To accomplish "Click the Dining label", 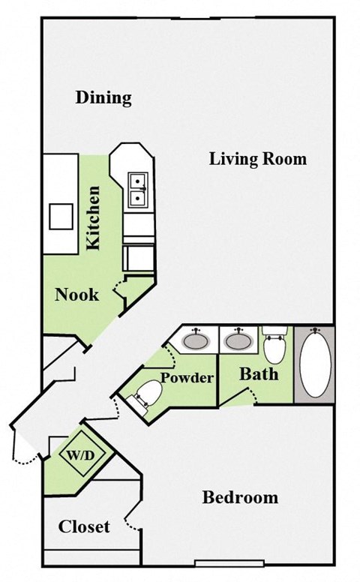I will tap(103, 97).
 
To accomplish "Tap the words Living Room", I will tap(257, 159).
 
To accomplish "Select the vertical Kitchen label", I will tap(93, 217).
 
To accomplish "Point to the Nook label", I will tap(76, 295).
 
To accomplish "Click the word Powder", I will tap(187, 377).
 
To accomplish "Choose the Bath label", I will tap(259, 373).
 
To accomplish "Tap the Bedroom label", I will tap(240, 497).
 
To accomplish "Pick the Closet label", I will tap(84, 526).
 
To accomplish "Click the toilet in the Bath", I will tap(274, 346).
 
